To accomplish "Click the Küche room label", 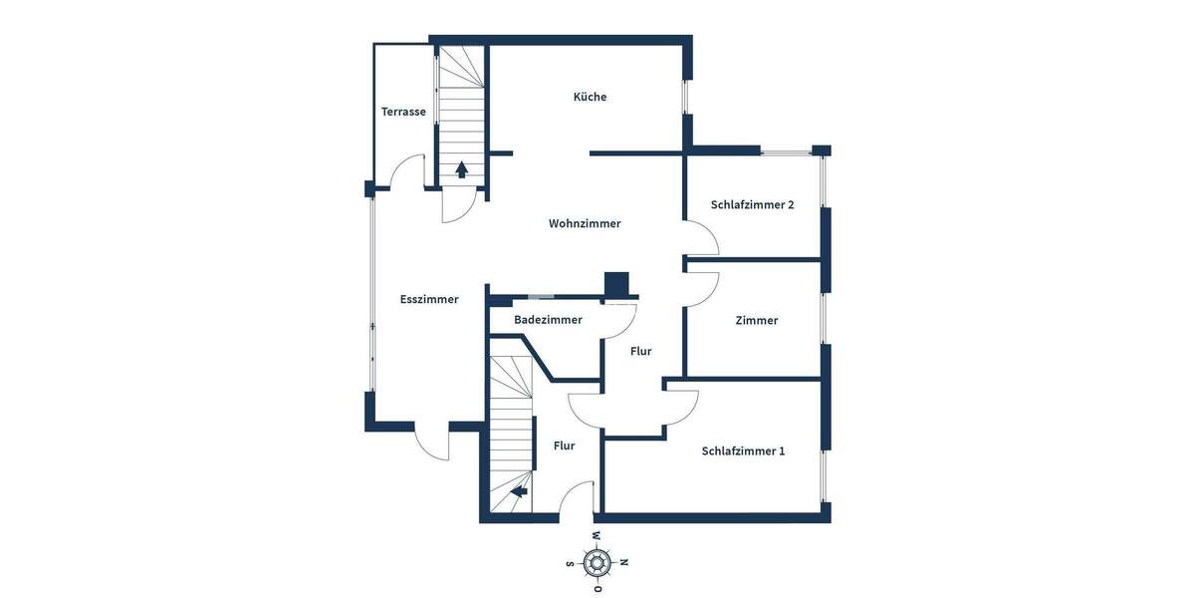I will tap(590, 97).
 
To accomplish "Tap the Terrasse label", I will tap(403, 112).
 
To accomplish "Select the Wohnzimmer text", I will tap(585, 223).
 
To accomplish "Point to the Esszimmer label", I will tap(429, 299).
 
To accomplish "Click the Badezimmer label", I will tap(548, 320).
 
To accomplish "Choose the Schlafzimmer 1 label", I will tap(743, 450).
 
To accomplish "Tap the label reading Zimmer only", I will tap(757, 320).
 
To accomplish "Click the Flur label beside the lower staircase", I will tap(564, 446).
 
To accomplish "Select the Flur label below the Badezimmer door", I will tap(641, 351).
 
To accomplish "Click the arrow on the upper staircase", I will tap(462, 169).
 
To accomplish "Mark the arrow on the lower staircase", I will tap(518, 489).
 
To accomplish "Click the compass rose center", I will tap(597, 562).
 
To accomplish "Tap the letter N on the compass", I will tap(624, 562).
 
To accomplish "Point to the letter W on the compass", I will tap(597, 537).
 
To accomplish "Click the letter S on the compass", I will tap(571, 563).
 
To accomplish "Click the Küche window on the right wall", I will tap(685, 97).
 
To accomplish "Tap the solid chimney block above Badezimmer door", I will tap(617, 285).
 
